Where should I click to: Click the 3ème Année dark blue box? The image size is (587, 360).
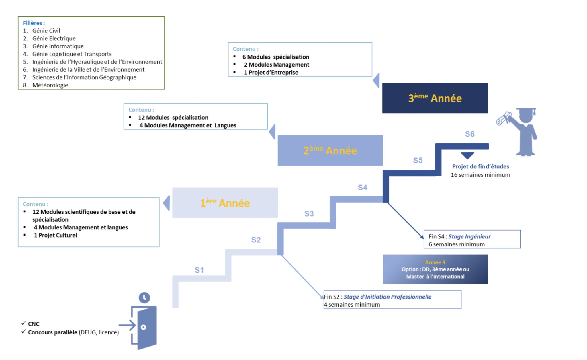pos(435,98)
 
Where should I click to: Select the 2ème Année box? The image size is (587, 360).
pos(330,150)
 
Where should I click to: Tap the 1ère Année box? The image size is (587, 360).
pos(225,203)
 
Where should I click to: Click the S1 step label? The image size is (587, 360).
pos(199,270)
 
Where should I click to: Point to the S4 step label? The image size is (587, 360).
pos(362,188)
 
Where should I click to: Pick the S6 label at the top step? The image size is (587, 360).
pos(469,134)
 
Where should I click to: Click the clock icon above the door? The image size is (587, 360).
pos(144,297)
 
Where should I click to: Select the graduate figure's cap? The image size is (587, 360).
pos(526,110)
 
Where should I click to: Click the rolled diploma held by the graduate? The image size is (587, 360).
pos(503,118)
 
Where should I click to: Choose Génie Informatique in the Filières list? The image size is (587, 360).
pos(58,46)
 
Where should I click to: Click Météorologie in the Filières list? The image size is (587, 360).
pos(50,85)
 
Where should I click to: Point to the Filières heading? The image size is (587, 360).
pos(34,23)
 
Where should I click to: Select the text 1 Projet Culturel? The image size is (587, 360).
pos(56,235)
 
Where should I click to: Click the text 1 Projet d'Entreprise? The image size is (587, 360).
pos(271,73)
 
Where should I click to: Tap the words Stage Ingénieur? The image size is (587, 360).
pos(469,236)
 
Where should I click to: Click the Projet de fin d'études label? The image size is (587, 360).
pos(480,166)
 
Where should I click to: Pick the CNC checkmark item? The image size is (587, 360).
pos(34,324)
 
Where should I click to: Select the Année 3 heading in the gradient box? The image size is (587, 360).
pos(435,262)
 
